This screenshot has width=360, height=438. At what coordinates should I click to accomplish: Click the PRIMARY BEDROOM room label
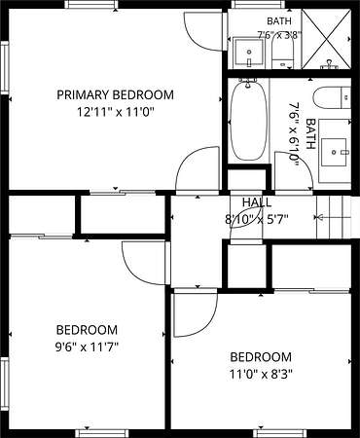coord(115,95)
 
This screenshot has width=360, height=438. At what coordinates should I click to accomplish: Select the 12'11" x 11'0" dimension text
coord(115,113)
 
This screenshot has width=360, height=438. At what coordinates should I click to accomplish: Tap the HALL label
coord(257,202)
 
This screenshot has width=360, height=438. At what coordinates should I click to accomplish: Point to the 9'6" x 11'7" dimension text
coord(87,347)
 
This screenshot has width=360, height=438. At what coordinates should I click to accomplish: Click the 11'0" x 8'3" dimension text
coord(261,375)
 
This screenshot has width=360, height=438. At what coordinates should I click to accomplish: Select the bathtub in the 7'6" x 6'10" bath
coord(249,122)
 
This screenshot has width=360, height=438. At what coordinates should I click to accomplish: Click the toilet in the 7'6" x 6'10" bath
coord(332,97)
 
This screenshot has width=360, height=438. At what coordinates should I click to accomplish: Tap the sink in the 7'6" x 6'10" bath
coord(335,152)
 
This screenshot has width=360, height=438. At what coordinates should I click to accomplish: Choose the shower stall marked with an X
coord(326,39)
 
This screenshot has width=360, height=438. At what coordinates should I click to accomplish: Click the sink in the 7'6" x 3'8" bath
coord(248,53)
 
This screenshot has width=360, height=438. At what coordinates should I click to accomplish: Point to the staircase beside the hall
coord(334,217)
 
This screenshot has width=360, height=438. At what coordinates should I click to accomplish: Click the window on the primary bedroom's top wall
coord(90,4)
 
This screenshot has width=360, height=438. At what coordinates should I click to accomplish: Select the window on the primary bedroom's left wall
coord(4,68)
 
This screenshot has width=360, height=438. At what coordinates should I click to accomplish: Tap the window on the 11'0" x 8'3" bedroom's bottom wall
coord(279,433)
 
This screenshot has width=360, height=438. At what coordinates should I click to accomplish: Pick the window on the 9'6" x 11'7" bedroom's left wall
coord(4,383)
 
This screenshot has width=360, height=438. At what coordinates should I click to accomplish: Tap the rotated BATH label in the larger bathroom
coord(310,133)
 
